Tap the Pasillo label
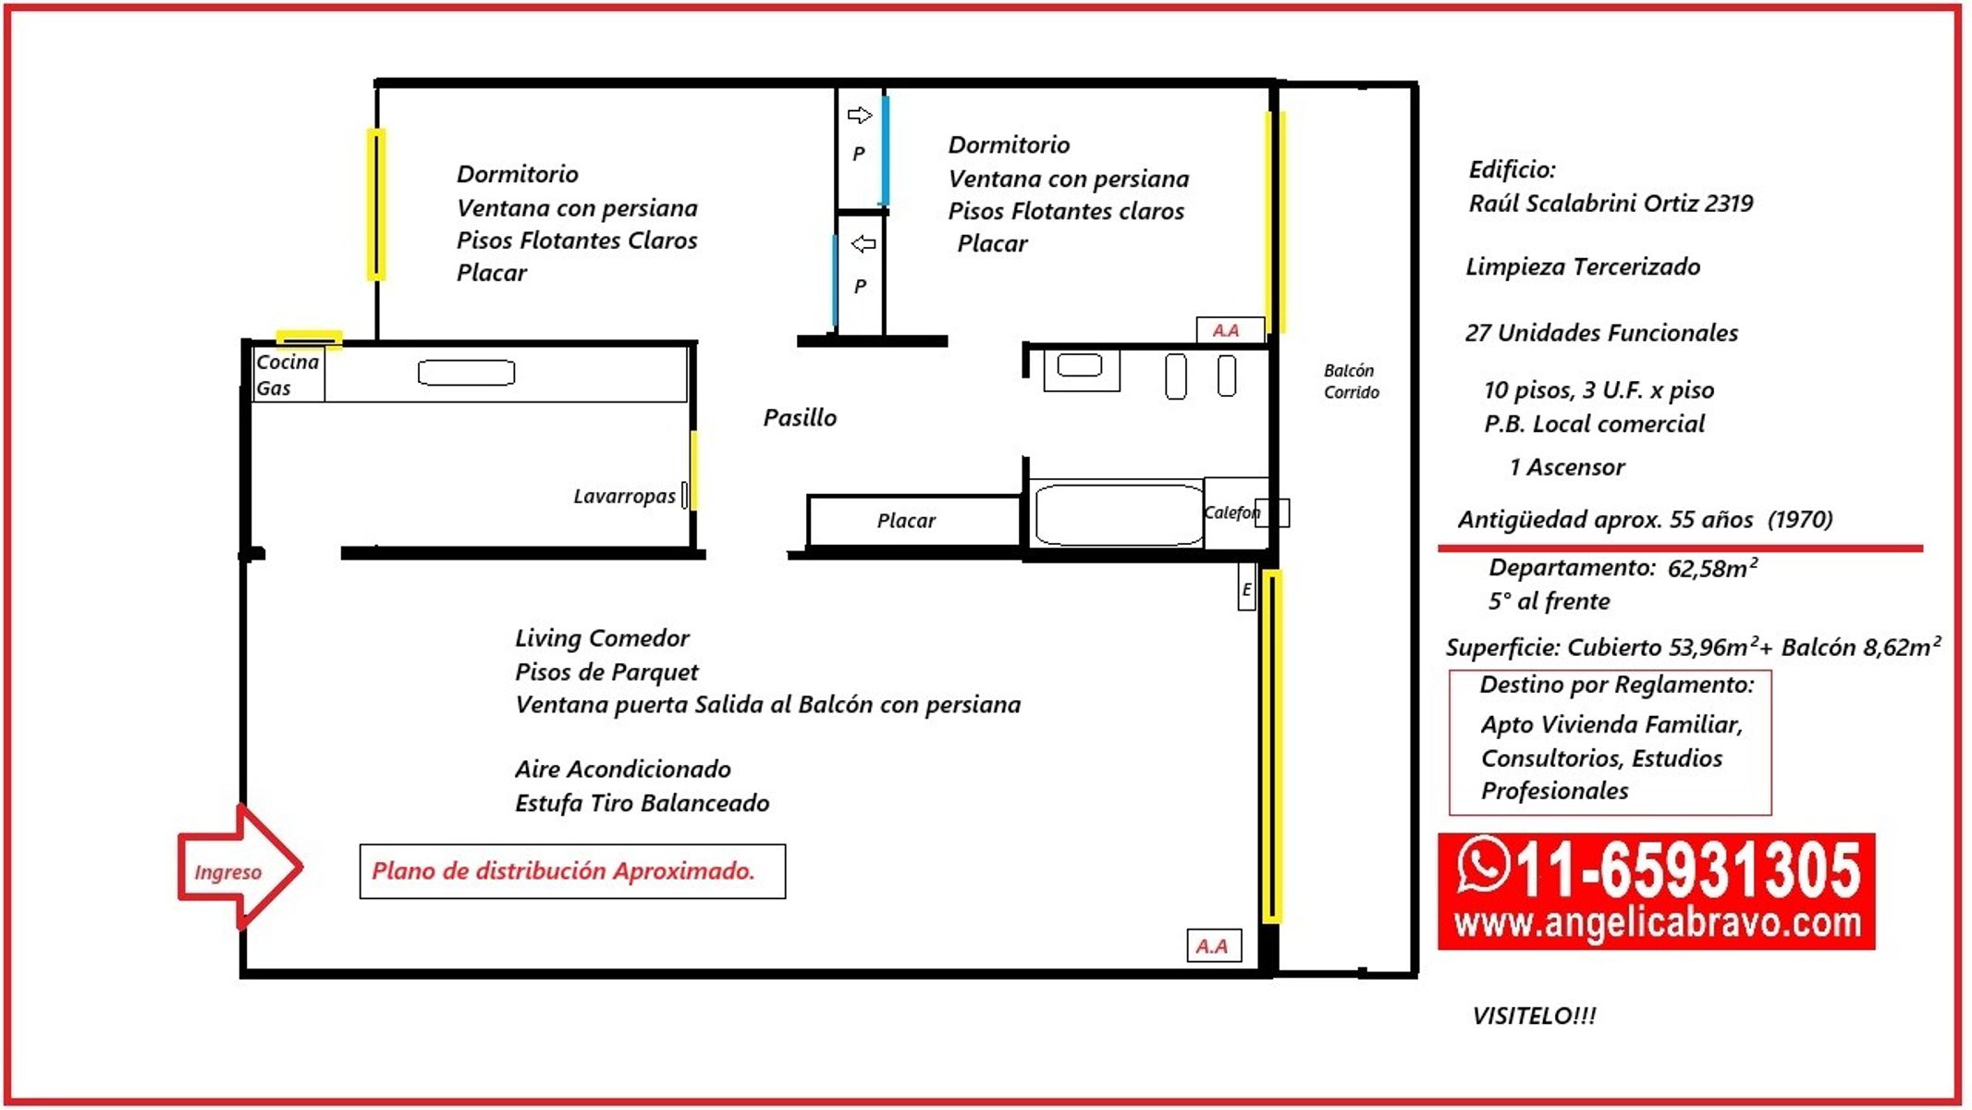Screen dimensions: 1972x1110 click(x=800, y=418)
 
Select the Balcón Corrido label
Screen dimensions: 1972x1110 click(x=1351, y=381)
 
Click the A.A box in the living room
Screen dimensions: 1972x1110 click(x=1213, y=945)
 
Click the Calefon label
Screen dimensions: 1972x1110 click(x=1231, y=512)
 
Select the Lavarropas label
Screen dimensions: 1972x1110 click(x=624, y=497)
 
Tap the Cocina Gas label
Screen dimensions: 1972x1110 click(x=288, y=375)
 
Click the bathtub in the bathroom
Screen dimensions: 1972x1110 click(x=1118, y=513)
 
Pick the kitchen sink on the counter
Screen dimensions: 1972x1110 click(x=466, y=373)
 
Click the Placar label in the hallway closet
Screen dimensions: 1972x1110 click(x=906, y=521)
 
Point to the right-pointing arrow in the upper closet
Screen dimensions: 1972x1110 click(x=860, y=115)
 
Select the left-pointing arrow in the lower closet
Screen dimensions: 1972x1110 click(x=863, y=243)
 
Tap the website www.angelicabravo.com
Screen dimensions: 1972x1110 click(x=1657, y=923)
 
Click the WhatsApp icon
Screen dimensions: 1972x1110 click(x=1483, y=864)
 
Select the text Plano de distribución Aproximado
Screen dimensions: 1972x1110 click(x=563, y=871)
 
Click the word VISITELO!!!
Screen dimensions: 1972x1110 click(x=1534, y=1016)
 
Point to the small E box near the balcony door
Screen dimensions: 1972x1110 click(x=1246, y=587)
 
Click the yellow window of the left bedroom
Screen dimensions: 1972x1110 click(x=375, y=204)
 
